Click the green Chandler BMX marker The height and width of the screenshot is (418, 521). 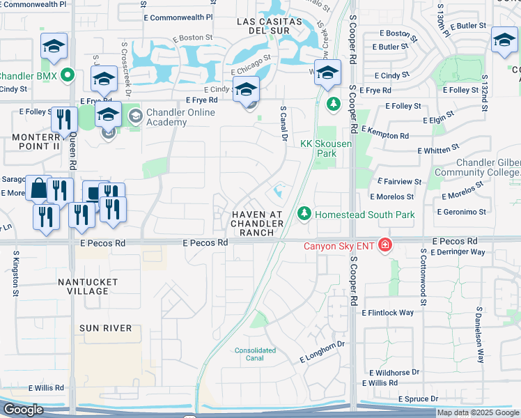coord(68,75)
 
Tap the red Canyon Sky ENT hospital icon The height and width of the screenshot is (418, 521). coord(384,245)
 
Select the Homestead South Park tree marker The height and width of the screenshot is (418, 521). coord(304,214)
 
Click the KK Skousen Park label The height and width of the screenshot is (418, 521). coord(325,149)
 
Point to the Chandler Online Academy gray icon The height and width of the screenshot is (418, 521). coord(134,116)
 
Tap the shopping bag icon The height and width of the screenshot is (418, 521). coord(38,188)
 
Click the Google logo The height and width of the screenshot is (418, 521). coord(23,410)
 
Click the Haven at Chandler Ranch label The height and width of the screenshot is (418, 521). coord(257,223)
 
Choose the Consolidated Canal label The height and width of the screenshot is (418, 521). coord(255,355)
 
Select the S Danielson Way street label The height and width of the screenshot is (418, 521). coord(480,335)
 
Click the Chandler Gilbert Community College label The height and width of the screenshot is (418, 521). coord(477,167)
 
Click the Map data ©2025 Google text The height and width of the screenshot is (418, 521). coord(478,412)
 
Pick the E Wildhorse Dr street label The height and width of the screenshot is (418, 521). coord(391,372)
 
